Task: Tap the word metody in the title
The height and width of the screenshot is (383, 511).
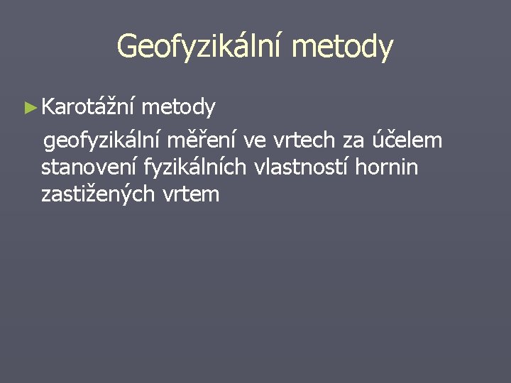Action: [341, 46]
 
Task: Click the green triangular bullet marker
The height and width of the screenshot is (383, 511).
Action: [29, 108]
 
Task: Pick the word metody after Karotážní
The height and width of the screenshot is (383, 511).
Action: [178, 108]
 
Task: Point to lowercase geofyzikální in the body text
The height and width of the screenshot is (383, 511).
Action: [103, 141]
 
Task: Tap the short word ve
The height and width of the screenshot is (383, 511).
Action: [253, 141]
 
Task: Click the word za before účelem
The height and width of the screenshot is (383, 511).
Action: [344, 141]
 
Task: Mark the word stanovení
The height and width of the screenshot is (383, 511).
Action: [89, 167]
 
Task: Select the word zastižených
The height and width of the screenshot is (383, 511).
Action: [102, 194]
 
